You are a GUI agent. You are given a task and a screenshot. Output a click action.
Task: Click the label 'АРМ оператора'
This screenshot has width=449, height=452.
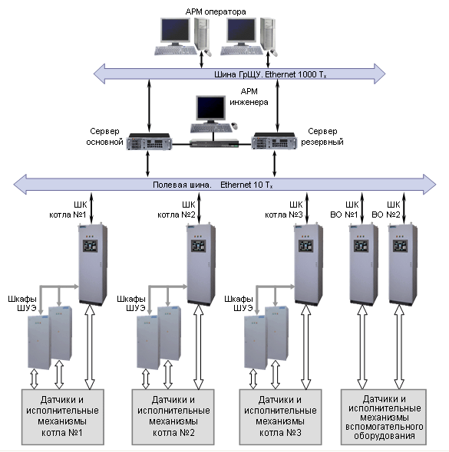coord(216,11)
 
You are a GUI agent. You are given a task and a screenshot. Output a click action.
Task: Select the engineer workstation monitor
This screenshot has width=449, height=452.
coord(210,109)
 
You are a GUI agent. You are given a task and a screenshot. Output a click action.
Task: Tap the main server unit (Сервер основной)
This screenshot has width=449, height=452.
coord(149,141)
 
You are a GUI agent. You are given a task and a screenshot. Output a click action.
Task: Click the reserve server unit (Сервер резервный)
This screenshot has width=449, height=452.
coord(274,141)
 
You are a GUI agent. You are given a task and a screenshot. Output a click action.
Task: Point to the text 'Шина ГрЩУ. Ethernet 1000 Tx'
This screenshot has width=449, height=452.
coord(270,74)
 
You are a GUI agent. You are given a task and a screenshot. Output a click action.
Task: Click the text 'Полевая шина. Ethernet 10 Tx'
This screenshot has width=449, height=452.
coord(213,185)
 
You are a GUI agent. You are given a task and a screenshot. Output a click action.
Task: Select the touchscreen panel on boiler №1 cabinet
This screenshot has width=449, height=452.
coord(90,246)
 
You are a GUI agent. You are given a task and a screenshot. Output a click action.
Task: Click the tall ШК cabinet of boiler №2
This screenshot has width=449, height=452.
coord(201,264)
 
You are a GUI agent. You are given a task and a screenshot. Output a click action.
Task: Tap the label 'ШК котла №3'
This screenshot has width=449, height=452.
coord(284,210)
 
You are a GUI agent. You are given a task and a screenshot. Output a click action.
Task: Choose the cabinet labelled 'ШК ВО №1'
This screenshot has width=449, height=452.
coord(364,264)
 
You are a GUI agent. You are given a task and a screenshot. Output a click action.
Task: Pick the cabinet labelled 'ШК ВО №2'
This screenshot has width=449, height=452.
coord(403,264)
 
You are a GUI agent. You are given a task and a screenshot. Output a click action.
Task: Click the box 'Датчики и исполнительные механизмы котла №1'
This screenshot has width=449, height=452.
coord(63,417)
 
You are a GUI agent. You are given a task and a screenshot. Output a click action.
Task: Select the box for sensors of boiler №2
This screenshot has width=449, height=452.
coord(173,417)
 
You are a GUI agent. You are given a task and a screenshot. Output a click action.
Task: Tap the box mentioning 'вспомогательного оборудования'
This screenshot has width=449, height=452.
coord(384,417)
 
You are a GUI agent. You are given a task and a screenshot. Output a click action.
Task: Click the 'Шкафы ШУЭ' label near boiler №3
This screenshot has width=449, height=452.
coord(239,303)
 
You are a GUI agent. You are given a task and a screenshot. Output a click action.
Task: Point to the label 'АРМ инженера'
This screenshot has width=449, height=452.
coord(249,97)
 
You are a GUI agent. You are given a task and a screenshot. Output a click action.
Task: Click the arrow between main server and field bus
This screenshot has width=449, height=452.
coord(147,163)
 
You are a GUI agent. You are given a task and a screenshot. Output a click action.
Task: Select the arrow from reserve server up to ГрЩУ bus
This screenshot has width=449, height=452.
coord(278,106)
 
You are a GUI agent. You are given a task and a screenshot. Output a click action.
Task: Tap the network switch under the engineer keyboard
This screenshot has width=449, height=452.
coord(214,143)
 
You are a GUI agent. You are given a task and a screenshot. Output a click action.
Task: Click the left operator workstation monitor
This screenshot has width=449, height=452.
coord(175,31)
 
